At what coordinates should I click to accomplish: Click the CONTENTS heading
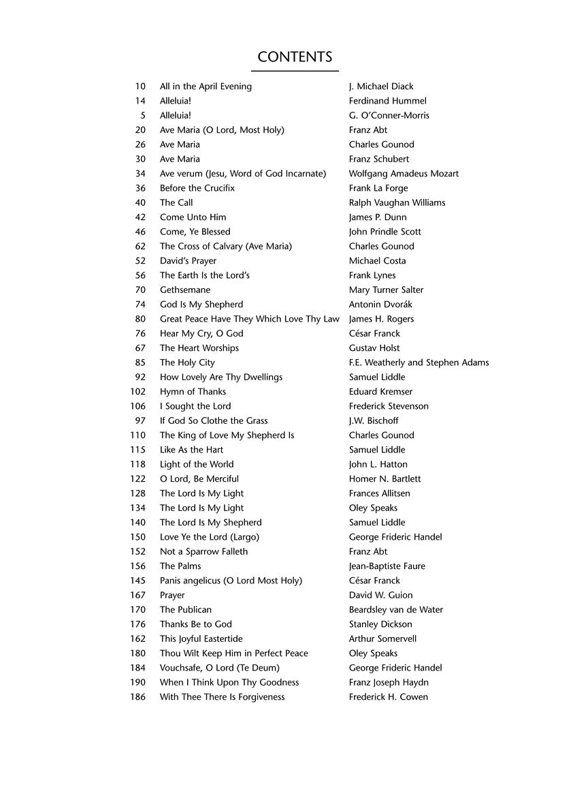point(295,57)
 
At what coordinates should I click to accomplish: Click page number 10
point(140,87)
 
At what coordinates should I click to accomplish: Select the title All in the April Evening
point(206,87)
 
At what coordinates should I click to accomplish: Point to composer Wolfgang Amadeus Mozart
point(404,174)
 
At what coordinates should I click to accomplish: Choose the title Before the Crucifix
point(197,188)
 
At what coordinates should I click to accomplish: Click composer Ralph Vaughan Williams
point(397,202)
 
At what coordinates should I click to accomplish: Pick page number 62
point(140,246)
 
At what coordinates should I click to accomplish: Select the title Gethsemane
point(185,290)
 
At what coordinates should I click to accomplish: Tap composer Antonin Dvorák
point(380,305)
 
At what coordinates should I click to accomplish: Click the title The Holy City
point(187,363)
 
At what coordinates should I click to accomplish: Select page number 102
point(137,392)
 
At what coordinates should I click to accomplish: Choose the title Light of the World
point(197,465)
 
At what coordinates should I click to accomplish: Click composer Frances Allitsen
point(379,493)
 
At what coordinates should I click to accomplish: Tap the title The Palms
point(180,566)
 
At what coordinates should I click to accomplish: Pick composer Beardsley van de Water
point(395,610)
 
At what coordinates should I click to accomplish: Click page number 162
point(137,638)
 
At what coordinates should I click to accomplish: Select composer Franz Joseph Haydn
point(389,682)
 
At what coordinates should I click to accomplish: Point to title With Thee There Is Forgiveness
point(222,697)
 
